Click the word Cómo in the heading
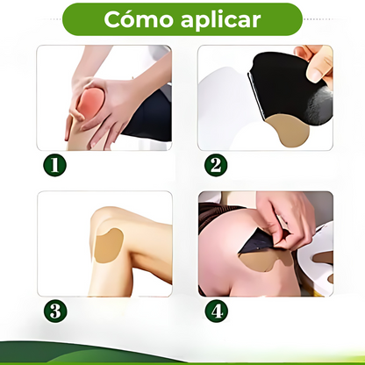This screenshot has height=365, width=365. [x=138, y=19]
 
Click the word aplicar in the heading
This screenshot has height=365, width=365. [x=221, y=20]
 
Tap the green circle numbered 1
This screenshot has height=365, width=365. [x=55, y=165]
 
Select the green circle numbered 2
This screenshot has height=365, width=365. [x=216, y=165]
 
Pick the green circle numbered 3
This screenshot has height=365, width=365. [x=55, y=311]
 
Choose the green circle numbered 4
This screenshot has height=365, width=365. [x=217, y=311]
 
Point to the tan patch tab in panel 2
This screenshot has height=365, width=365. [x=289, y=130]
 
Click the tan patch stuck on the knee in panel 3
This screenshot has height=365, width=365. [x=109, y=246]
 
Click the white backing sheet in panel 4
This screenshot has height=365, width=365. [x=318, y=257]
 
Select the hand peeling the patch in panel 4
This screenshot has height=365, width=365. [x=285, y=218]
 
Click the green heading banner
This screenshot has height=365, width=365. [x=182, y=19]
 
